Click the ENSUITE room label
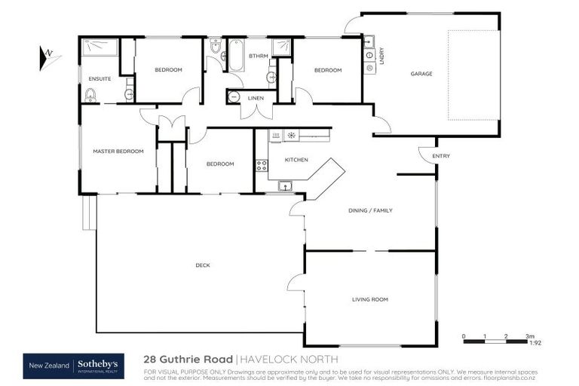pyautogui.click(x=100, y=78)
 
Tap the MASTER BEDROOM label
pyautogui.click(x=118, y=152)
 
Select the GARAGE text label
pyautogui.click(x=421, y=74)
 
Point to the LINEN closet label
pyautogui.click(x=256, y=96)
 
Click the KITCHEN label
pyautogui.click(x=296, y=160)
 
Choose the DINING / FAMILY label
pyautogui.click(x=369, y=210)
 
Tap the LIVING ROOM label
pyautogui.click(x=369, y=299)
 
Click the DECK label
pyautogui.click(x=202, y=265)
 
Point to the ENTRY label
pyautogui.click(x=441, y=156)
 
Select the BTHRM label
pyautogui.click(x=259, y=56)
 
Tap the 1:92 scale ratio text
pyautogui.click(x=535, y=344)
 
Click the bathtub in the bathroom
pyautogui.click(x=236, y=56)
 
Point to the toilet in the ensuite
pyautogui.click(x=91, y=95)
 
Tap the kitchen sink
pyautogui.click(x=286, y=185)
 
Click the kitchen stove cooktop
pyautogui.click(x=262, y=165)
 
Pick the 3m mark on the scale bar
pyautogui.click(x=529, y=335)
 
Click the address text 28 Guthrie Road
pyautogui.click(x=188, y=360)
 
